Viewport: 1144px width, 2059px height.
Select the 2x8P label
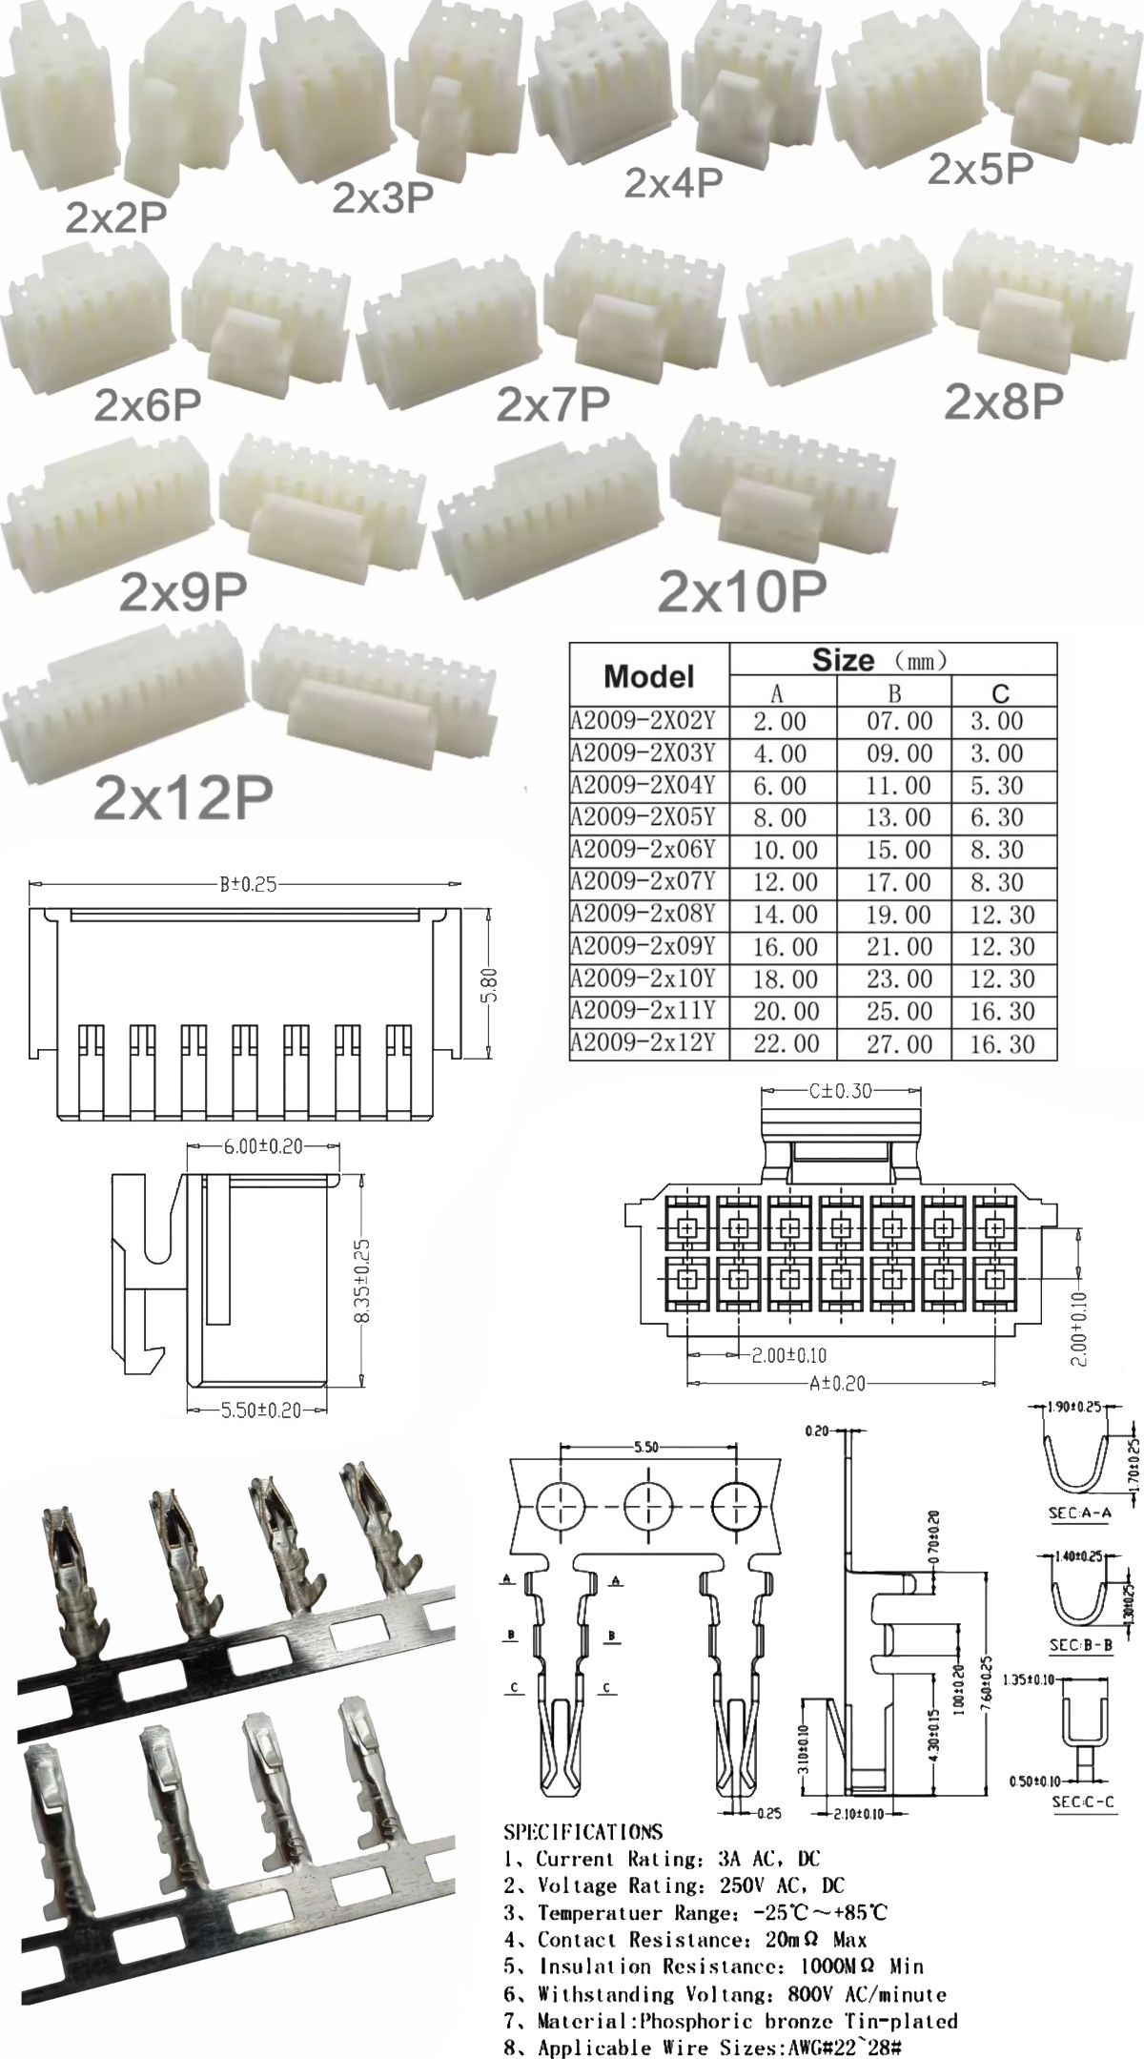(x=1002, y=402)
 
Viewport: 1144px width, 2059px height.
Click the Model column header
(x=648, y=676)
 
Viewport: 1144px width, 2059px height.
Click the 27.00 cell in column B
(x=899, y=1043)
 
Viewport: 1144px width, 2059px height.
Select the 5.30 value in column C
(x=996, y=786)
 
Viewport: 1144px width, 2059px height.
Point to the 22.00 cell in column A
(x=786, y=1043)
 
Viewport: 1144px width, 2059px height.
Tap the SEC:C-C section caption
(x=1081, y=1802)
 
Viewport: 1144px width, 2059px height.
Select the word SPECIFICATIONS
(x=582, y=1831)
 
